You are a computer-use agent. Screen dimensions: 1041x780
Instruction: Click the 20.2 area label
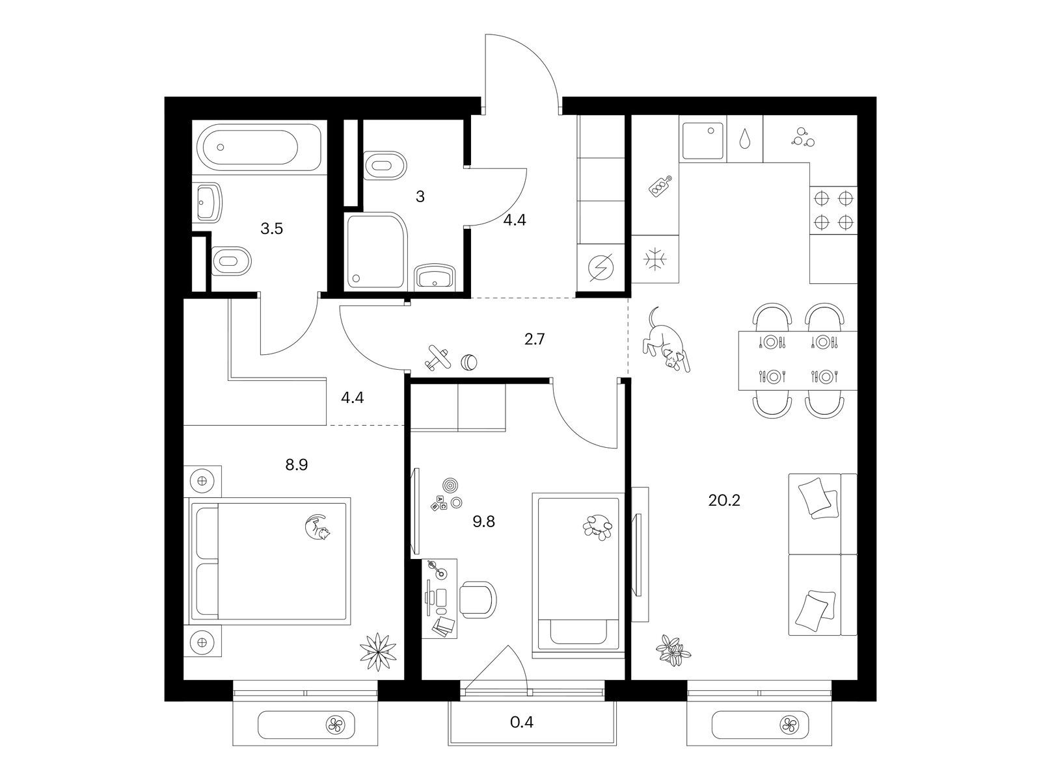pyautogui.click(x=723, y=500)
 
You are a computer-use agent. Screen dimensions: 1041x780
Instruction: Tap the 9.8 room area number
pyautogui.click(x=483, y=521)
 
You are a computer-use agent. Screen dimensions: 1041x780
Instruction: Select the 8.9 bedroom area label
pyautogui.click(x=297, y=465)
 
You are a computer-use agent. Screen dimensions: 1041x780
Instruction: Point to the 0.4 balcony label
pyautogui.click(x=522, y=722)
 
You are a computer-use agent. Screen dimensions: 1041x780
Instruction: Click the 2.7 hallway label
pyautogui.click(x=535, y=339)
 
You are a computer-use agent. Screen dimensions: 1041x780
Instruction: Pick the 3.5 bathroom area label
pyautogui.click(x=272, y=229)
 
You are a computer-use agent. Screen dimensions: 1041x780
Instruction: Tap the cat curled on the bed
pyautogui.click(x=318, y=526)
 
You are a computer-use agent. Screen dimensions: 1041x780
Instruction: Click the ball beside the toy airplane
pyautogui.click(x=468, y=362)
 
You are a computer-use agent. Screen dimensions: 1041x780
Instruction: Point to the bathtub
pyautogui.click(x=259, y=148)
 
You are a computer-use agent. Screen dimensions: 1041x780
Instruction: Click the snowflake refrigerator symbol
pyautogui.click(x=655, y=259)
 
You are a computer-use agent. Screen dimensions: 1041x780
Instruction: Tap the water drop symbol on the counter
pyautogui.click(x=744, y=138)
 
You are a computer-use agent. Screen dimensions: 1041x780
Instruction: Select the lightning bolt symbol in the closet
pyautogui.click(x=601, y=268)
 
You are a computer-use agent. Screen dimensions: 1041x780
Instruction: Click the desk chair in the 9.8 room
pyautogui.click(x=478, y=599)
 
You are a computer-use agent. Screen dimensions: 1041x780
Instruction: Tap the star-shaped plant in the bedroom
pyautogui.click(x=378, y=652)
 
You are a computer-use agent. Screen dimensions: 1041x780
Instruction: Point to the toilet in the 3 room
pyautogui.click(x=385, y=166)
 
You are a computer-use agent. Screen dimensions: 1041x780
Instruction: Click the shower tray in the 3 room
pyautogui.click(x=377, y=250)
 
